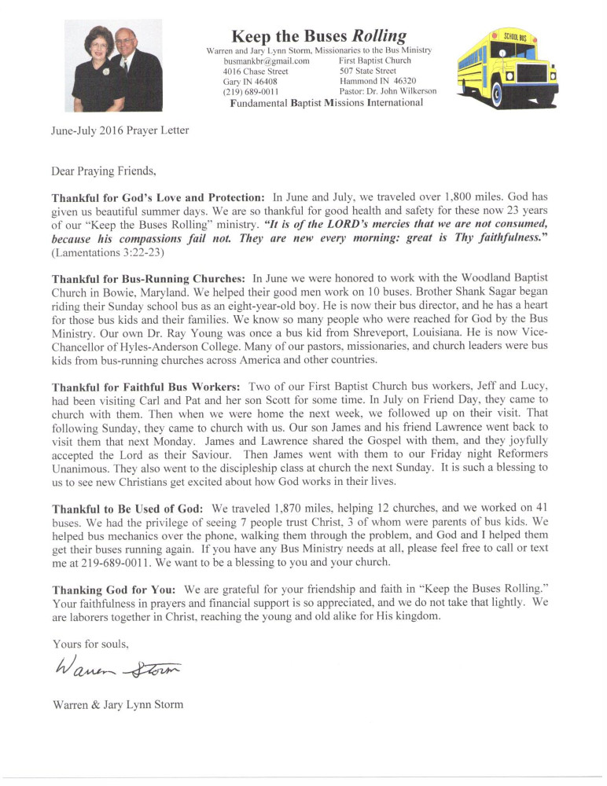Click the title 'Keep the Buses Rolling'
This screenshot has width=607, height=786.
click(319, 35)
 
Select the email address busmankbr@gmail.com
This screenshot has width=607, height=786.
click(267, 61)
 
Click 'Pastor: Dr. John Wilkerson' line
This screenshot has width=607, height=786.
click(388, 91)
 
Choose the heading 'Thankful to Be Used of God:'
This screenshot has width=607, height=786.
click(127, 510)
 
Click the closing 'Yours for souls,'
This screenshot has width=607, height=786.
click(90, 645)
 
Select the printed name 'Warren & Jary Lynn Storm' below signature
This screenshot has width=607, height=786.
click(117, 704)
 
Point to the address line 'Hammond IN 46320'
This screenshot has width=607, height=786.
click(377, 81)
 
